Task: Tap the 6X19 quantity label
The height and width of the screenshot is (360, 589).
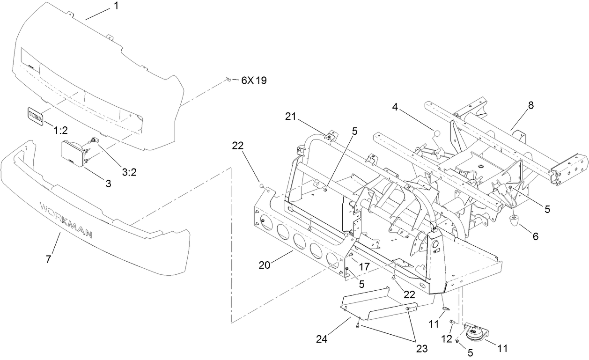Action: [254, 81]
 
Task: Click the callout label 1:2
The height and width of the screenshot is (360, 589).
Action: [60, 129]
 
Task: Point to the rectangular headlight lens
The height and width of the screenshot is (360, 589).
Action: [73, 153]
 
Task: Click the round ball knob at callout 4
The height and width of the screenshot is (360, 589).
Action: [437, 134]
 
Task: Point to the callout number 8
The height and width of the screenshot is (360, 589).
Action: [530, 105]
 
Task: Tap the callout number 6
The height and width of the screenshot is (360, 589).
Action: [535, 237]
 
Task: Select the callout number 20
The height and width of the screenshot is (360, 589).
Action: [265, 265]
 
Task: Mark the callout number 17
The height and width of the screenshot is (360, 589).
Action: [364, 266]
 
